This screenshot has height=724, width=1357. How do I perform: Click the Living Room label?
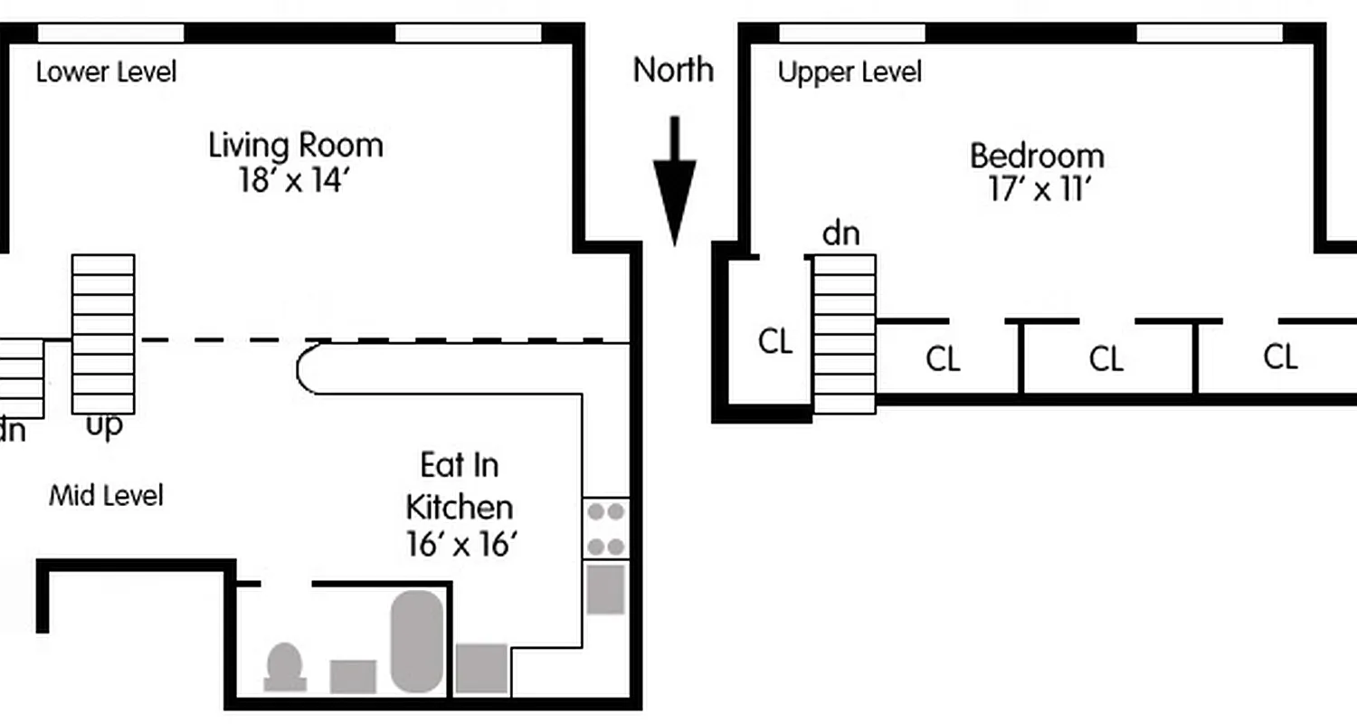pos(296,145)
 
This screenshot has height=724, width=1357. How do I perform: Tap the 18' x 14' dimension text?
pos(294,180)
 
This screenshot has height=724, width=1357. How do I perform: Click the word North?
pos(673,70)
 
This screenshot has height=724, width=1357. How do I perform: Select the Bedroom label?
pos(1037,156)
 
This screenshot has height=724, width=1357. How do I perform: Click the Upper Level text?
pos(849,72)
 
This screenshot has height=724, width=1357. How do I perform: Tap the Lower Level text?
pos(106,71)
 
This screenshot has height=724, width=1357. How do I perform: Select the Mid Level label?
pos(106,496)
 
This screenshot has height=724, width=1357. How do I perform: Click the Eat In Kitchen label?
pos(460,486)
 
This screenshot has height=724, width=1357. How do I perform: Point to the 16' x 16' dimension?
pos(461,545)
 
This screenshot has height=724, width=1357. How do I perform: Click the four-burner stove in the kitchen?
pos(606,529)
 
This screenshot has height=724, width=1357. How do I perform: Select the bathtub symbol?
pos(417,641)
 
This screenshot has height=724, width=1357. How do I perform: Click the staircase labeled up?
pos(103,333)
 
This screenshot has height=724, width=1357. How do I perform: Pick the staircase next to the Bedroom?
pos(845,333)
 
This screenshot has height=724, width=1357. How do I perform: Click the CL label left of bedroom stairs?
pos(775,342)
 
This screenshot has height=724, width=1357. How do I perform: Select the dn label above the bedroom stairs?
pos(840,233)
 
